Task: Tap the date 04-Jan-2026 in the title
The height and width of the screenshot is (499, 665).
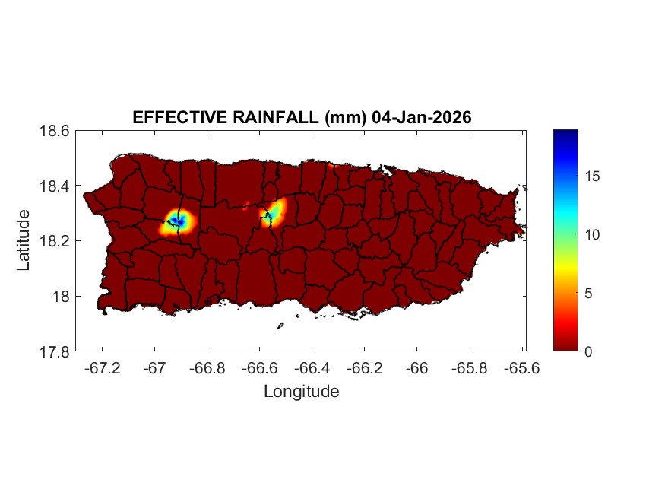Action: [422, 118]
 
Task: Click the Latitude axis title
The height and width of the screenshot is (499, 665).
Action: [24, 240]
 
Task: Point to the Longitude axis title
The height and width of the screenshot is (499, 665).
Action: [301, 392]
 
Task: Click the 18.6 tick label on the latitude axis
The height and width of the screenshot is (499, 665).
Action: [55, 131]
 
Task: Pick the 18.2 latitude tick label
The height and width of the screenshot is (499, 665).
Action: [55, 241]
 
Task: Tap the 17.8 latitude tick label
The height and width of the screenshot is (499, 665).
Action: [55, 351]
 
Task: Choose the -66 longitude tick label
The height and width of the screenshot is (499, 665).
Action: [418, 368]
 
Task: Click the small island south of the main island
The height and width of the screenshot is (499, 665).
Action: [280, 326]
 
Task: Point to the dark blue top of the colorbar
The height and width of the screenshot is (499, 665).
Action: [565, 135]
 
